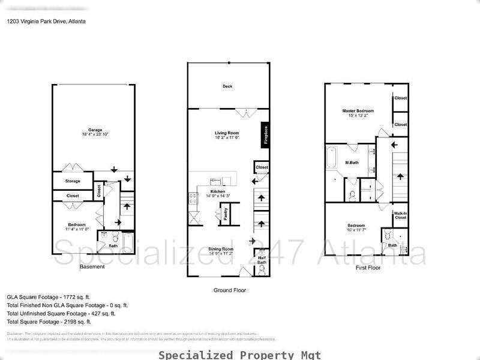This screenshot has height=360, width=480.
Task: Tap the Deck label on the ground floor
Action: coord(227,86)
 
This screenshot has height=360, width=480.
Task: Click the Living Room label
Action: coord(227,133)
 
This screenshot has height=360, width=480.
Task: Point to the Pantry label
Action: coord(226,215)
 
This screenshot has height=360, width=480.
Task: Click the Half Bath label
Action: coord(262,260)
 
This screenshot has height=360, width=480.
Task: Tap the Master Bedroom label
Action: coord(358,111)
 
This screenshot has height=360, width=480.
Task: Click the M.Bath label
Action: coord(352,163)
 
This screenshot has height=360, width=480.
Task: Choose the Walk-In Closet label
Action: coord(400,215)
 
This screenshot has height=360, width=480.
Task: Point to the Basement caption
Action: coord(92,267)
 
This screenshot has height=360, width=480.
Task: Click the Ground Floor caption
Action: coord(230,290)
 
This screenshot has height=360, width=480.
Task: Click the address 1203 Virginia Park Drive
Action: coord(46,21)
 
